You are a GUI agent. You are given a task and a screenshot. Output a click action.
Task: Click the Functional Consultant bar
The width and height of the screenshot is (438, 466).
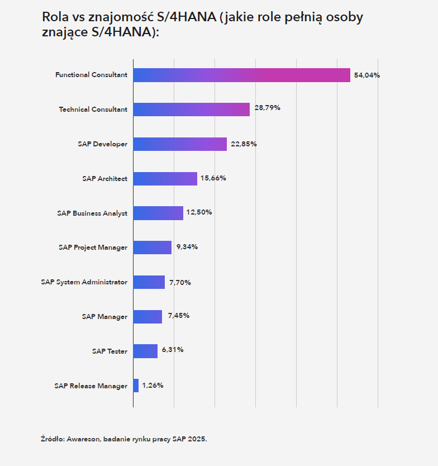coord(241,75)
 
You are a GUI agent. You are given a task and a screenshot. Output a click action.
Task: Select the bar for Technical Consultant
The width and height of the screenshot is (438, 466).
coord(191,110)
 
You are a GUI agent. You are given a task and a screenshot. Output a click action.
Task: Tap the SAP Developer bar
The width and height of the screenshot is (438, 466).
coord(180,144)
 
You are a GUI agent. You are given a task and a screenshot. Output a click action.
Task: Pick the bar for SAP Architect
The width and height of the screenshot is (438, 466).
coord(165,179)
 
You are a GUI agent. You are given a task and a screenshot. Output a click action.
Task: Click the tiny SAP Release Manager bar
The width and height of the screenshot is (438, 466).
coord(136,386)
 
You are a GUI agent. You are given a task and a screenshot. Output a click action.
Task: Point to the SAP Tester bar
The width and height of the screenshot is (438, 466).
coord(145,351)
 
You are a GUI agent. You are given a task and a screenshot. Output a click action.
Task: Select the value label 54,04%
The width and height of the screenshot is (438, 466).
coord(366,75)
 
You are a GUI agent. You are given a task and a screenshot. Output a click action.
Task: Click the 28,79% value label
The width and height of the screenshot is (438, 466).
coord(267,108)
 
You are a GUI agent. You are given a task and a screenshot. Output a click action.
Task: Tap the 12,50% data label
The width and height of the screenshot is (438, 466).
coord(199,212)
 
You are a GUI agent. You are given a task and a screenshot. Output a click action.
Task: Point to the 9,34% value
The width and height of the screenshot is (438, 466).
coord(187,247)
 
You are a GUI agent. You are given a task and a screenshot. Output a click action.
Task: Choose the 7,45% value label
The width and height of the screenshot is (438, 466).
coord(178,316)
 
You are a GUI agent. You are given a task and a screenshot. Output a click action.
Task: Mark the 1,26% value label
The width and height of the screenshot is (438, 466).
coord(153,386)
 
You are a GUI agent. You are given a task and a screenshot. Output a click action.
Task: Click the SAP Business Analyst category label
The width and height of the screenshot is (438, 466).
coord(92,213)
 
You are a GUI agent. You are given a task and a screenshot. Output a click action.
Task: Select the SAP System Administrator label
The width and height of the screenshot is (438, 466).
coord(84,282)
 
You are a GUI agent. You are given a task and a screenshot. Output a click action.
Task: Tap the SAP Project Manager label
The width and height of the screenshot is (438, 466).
coord(93,248)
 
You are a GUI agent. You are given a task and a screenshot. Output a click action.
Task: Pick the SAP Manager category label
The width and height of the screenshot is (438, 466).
coord(104,317)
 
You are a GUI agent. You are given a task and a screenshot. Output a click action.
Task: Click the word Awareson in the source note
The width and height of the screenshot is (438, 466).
coord(84,439)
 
